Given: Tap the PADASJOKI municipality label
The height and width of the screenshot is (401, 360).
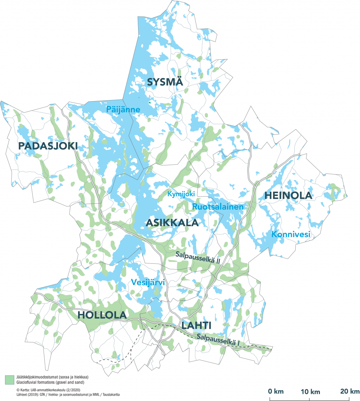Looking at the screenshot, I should click(48, 146).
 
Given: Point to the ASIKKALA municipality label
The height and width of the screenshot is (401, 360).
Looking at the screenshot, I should click(172, 223).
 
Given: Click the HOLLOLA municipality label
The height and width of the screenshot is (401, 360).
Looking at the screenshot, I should click(102, 315).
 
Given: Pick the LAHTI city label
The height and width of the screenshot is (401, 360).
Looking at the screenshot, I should click(198, 326).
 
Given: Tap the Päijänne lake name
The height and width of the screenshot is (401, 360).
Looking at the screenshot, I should click(123, 110).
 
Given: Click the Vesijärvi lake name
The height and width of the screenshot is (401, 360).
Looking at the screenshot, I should click(148, 282).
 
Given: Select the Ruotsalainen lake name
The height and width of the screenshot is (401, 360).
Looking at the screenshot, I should click(218, 207).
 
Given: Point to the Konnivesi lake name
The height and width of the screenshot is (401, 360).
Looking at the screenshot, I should click(290, 234).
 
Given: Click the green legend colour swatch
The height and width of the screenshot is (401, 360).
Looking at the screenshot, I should click(9, 379).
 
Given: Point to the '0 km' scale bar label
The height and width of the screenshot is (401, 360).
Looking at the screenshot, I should click(276, 391).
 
